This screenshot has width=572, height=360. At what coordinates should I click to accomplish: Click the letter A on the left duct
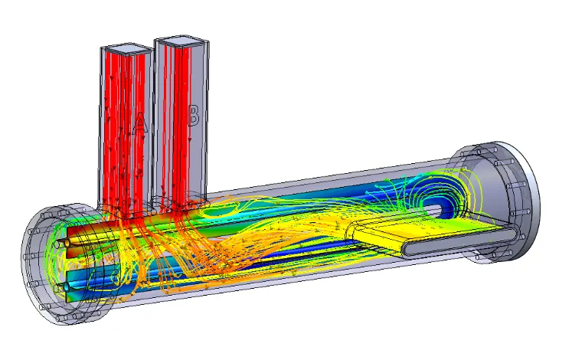click(139, 123)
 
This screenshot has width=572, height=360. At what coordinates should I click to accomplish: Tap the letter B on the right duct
click(193, 115)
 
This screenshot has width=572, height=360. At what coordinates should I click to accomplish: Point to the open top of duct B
click(181, 41)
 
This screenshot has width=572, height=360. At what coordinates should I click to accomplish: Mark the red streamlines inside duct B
click(178, 124)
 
